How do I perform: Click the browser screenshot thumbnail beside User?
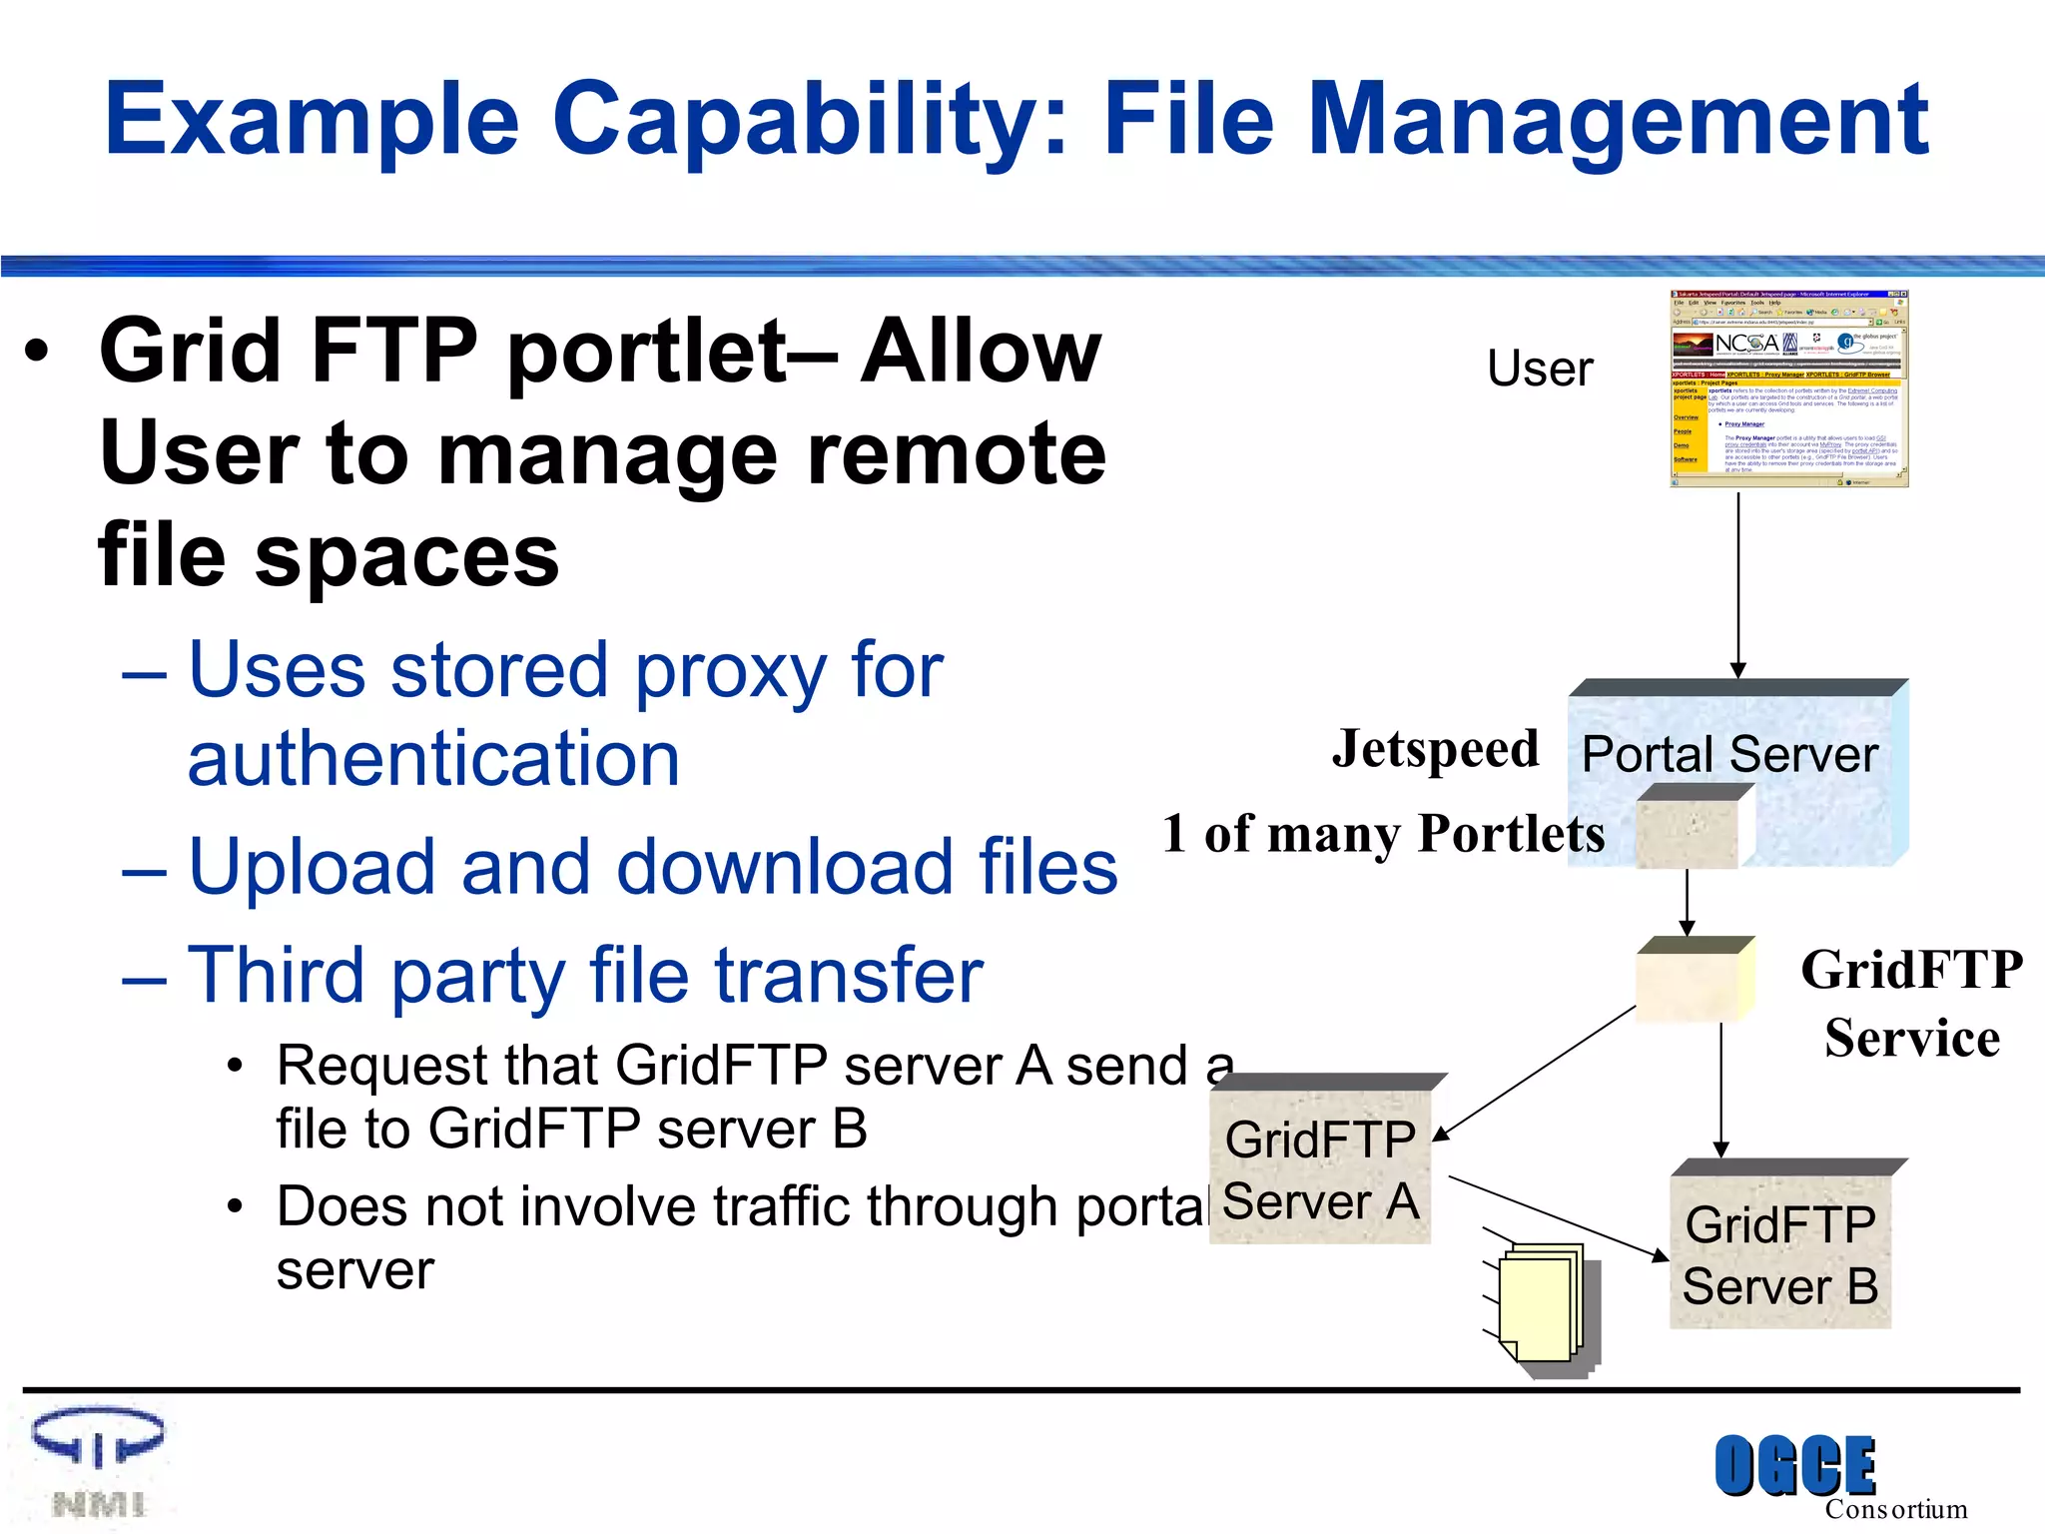(1788, 388)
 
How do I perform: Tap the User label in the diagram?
(1540, 369)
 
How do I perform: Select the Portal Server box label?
(1729, 754)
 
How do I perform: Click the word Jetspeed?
(1435, 749)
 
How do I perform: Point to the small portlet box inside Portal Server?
(1688, 829)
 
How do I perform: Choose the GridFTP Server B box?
(1780, 1252)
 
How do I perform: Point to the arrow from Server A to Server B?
(1554, 1217)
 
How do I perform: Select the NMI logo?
(98, 1462)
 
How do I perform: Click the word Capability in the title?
(810, 119)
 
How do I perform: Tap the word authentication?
(433, 759)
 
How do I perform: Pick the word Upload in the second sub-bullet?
(313, 867)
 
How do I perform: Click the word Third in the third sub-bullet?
(277, 975)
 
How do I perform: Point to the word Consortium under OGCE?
(1895, 1509)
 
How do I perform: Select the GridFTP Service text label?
(1911, 1004)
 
